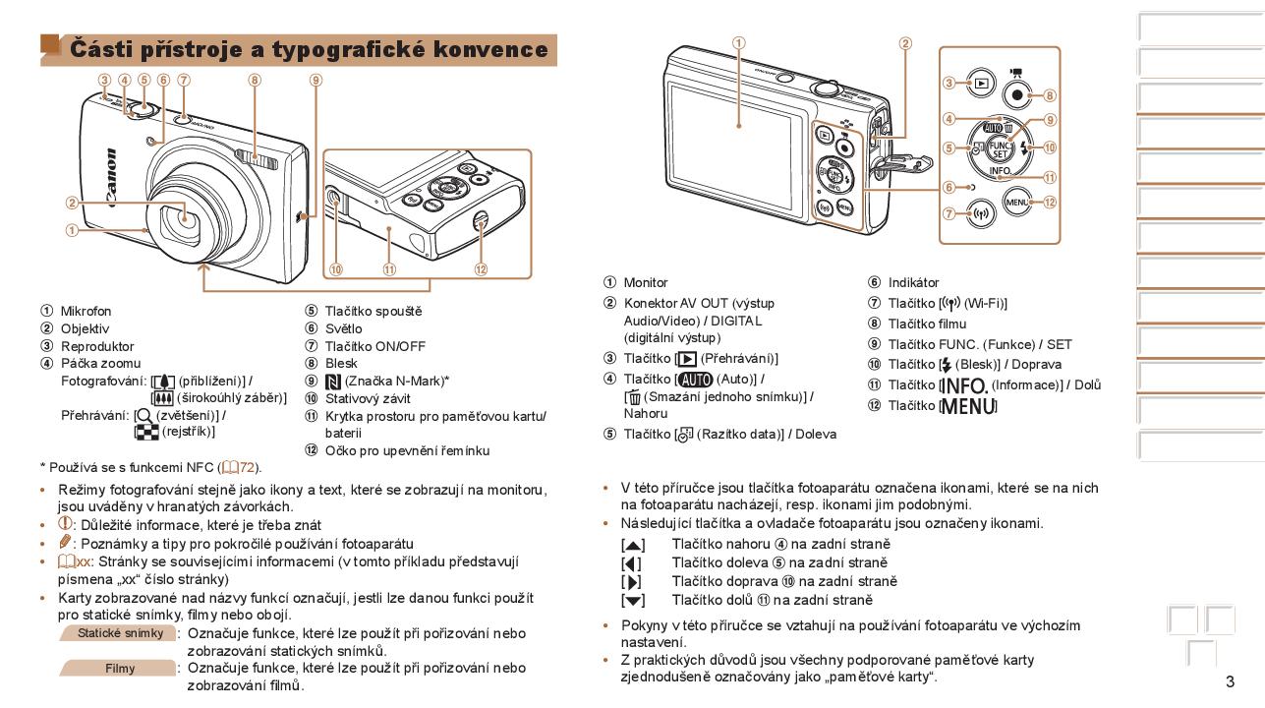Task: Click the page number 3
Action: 1230,682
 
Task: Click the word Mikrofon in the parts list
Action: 86,312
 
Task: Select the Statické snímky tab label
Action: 120,633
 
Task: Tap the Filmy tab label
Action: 120,669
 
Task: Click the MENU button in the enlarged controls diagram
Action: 1017,204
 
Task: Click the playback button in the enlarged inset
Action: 981,84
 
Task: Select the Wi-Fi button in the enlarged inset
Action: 975,213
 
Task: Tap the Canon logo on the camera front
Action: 109,178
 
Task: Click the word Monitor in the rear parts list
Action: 645,283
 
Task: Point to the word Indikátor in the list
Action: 913,283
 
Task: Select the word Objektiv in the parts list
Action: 85,329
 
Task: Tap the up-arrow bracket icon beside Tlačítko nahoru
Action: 633,545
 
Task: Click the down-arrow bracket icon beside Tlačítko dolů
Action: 633,601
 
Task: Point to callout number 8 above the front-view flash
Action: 255,80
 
